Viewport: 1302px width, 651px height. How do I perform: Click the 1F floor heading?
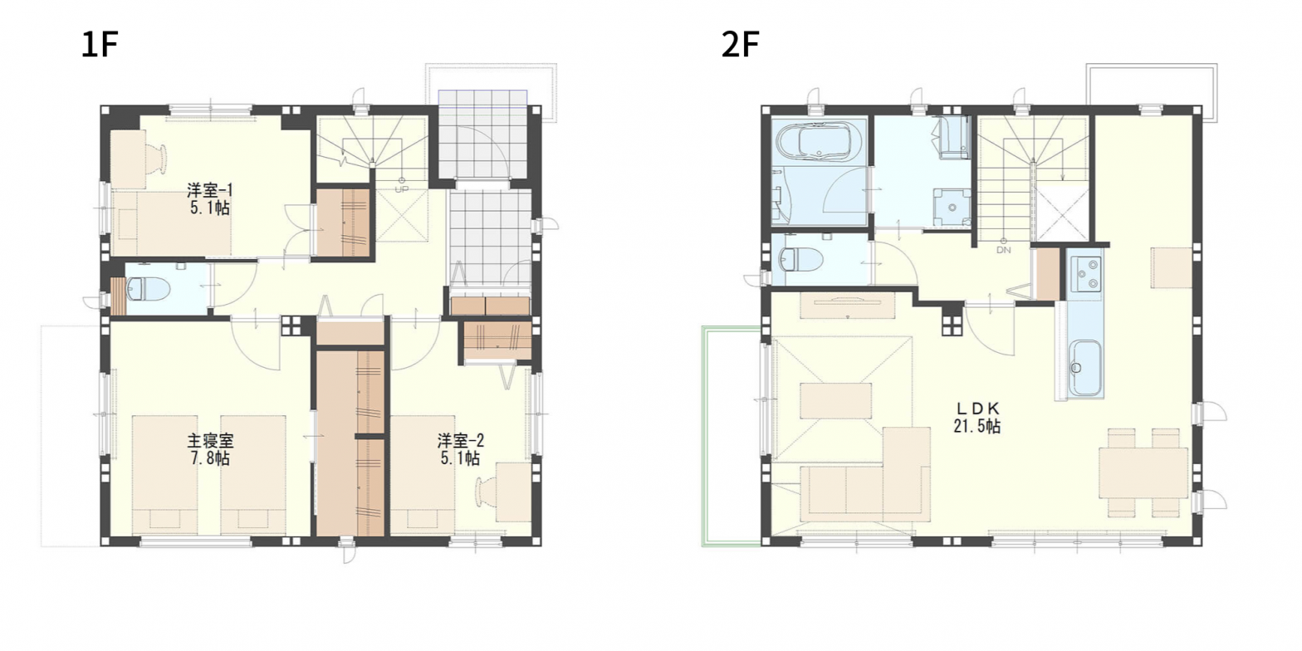click(x=100, y=46)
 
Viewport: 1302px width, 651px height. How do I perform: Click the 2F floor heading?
click(x=741, y=46)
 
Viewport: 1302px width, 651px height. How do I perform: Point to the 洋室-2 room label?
click(x=460, y=441)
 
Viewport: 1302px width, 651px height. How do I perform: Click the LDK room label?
click(x=977, y=409)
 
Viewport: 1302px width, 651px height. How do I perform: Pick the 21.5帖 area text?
click(x=977, y=427)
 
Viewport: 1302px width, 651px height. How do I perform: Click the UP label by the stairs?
click(x=401, y=188)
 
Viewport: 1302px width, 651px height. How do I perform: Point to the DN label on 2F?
click(x=1003, y=249)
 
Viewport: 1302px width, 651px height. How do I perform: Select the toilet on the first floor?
click(x=148, y=289)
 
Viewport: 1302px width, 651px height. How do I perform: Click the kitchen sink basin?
click(x=1085, y=366)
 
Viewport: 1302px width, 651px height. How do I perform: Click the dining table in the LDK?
click(x=1143, y=472)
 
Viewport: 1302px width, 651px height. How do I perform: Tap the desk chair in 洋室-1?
click(x=157, y=156)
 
